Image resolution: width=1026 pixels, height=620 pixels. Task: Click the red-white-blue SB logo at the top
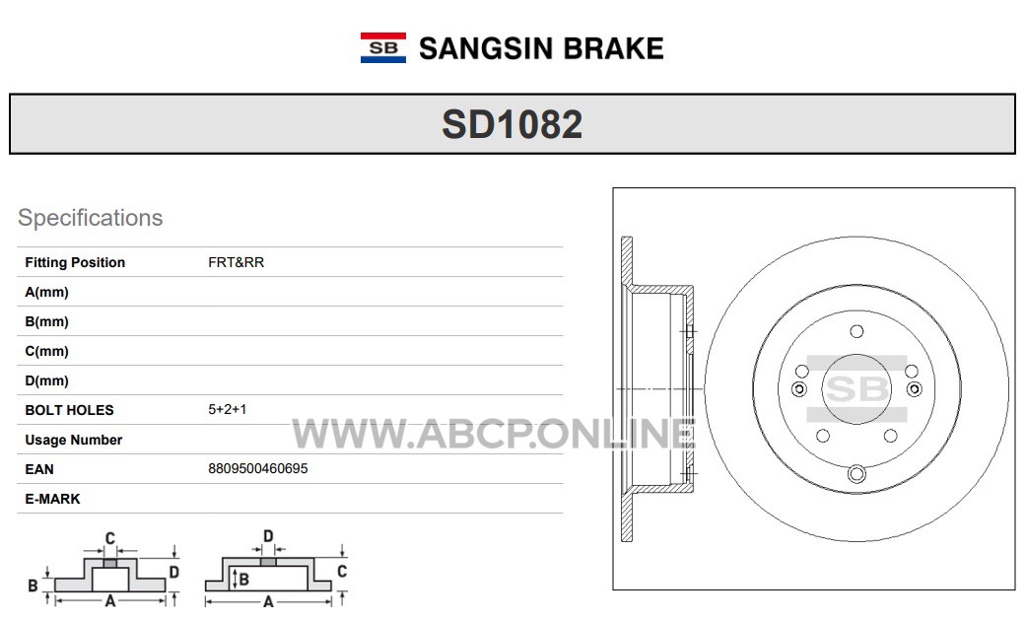click(x=382, y=47)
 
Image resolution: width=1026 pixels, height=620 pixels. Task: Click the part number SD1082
click(x=512, y=124)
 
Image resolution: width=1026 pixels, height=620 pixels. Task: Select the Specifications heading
click(x=91, y=218)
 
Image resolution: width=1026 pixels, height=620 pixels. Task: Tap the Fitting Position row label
click(x=75, y=262)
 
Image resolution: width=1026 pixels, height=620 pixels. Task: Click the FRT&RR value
click(x=237, y=262)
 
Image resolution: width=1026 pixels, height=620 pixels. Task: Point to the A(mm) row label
click(x=46, y=292)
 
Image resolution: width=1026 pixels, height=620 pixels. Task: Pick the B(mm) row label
click(x=46, y=321)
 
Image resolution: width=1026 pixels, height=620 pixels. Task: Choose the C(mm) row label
click(x=46, y=351)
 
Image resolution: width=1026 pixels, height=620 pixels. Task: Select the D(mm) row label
click(x=46, y=380)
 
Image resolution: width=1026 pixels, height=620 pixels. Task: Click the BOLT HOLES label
click(x=69, y=410)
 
